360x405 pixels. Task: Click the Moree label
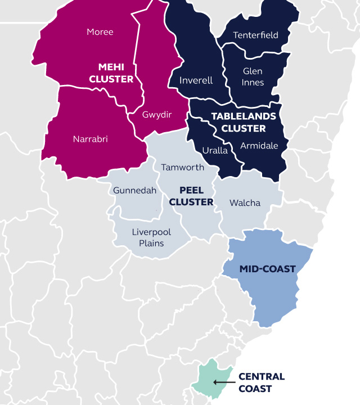100,32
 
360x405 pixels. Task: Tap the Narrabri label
90,139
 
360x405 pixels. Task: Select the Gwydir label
156,115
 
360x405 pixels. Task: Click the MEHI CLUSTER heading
111,73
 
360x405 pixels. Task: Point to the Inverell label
196,80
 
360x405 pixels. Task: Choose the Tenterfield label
255,35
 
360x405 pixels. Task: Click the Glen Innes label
253,77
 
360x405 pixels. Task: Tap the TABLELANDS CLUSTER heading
244,122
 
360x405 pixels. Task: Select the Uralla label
214,150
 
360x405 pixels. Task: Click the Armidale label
259,146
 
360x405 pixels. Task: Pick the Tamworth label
182,168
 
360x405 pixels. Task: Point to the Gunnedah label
134,191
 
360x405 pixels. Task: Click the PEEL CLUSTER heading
191,196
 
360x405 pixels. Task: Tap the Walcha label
245,202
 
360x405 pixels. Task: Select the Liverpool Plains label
151,237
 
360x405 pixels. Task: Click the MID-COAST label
267,269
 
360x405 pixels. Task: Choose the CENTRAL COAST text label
262,382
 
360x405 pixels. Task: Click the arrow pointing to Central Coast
223,382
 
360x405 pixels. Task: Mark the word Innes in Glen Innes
253,83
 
